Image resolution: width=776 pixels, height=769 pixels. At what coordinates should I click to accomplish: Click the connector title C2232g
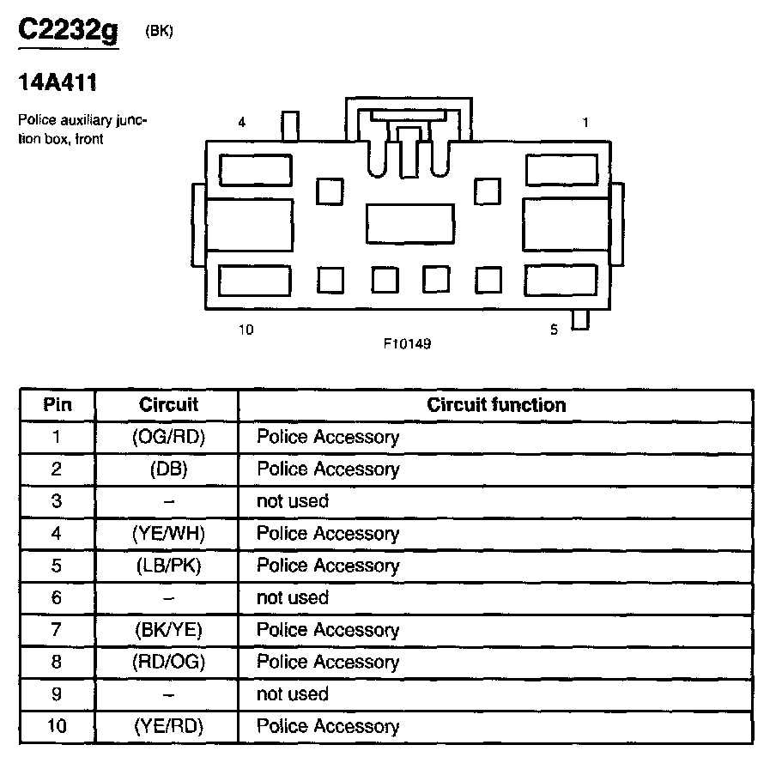click(x=69, y=31)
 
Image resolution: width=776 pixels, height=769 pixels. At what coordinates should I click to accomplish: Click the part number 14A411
click(x=57, y=85)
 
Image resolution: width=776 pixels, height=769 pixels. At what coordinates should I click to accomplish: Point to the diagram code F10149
click(x=407, y=344)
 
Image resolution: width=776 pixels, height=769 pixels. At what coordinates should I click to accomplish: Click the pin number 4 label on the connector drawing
click(x=242, y=123)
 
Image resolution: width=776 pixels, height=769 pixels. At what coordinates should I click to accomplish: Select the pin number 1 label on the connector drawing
click(x=585, y=123)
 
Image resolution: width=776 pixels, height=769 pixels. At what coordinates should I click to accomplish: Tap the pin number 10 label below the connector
click(x=246, y=330)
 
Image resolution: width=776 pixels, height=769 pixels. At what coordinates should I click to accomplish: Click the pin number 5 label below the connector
click(x=554, y=330)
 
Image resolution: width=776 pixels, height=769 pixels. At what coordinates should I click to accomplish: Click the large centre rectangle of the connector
click(x=409, y=224)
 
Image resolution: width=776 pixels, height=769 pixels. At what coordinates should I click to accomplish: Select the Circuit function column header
click(x=496, y=405)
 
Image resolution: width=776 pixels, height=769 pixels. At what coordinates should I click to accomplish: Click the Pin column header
click(x=58, y=405)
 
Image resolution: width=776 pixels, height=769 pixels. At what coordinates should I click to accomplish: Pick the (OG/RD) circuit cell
click(x=168, y=437)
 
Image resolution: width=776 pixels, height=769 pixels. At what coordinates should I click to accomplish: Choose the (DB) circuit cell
click(x=168, y=469)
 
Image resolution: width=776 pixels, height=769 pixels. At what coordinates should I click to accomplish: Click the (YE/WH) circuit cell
click(x=168, y=534)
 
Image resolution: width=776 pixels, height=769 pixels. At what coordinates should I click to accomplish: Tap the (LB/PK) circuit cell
click(x=168, y=566)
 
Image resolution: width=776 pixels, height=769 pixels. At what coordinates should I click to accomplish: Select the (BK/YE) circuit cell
click(x=168, y=630)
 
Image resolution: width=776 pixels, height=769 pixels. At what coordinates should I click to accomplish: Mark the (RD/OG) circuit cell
click(x=168, y=662)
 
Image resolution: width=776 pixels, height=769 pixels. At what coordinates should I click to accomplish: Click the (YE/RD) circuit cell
click(x=168, y=726)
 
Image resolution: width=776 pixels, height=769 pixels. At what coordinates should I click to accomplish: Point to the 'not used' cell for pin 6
click(x=293, y=597)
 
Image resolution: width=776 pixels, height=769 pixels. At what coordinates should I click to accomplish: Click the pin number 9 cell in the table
click(x=58, y=694)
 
